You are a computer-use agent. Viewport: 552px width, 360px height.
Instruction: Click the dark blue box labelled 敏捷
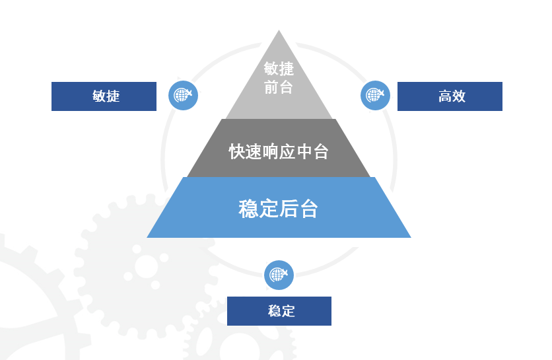coord(104,96)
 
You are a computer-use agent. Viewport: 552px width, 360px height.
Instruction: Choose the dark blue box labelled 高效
coord(450,96)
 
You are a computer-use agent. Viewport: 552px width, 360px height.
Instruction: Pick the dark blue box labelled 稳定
coord(279,311)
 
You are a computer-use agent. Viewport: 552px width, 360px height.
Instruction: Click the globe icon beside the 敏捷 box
coord(183,96)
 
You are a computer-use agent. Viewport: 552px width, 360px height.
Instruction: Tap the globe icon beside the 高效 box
coord(375,95)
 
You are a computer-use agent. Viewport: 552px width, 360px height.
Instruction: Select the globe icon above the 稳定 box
coord(279,275)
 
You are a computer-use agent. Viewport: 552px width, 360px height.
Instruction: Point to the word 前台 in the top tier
coord(279,87)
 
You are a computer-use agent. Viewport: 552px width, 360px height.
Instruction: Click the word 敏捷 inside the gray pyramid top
coord(279,69)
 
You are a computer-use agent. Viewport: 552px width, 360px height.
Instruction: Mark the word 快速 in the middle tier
coord(245,151)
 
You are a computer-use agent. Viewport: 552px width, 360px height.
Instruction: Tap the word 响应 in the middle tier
coord(279,151)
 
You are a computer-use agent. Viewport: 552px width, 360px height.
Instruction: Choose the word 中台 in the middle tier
coord(312,151)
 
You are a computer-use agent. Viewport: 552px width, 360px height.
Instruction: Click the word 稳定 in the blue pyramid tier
coord(258,209)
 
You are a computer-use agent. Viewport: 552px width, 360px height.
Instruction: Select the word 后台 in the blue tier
coord(299,209)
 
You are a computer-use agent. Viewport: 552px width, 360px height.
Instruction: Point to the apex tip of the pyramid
coord(279,32)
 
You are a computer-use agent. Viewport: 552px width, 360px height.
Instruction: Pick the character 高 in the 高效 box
coord(444,96)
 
